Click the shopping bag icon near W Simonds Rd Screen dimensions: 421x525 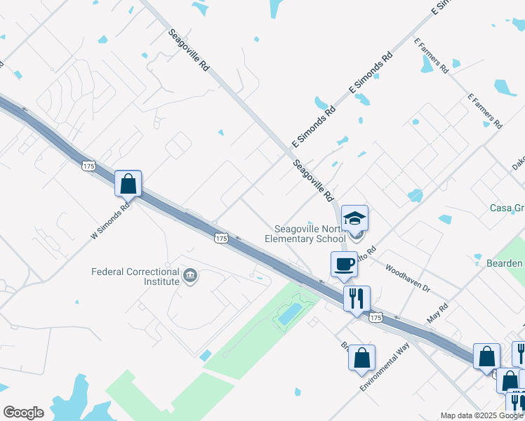(128, 184)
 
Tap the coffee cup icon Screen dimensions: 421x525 (344, 265)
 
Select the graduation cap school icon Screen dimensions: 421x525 (354, 218)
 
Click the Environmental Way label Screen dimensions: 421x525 (385, 368)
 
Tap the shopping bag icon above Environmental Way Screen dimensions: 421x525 (361, 358)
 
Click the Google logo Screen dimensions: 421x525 (23, 413)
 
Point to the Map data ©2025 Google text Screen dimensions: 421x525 (481, 415)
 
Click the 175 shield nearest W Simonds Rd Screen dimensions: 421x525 (88, 166)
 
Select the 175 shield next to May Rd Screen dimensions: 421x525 (376, 318)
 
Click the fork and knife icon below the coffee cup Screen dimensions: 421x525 (357, 299)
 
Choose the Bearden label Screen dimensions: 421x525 (504, 263)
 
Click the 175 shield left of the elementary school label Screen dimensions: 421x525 (221, 239)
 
